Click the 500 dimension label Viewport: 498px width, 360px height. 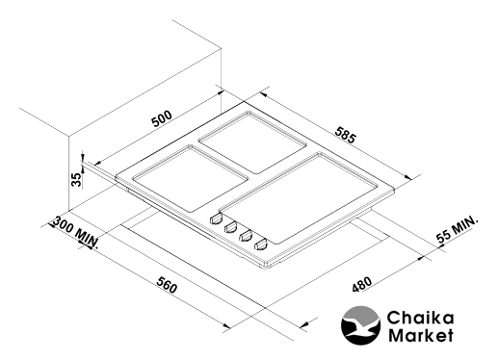click(x=162, y=118)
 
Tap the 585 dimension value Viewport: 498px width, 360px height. click(x=346, y=135)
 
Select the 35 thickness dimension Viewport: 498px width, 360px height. click(x=76, y=180)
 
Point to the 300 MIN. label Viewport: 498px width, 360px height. click(x=75, y=232)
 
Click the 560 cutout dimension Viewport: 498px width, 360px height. click(x=167, y=284)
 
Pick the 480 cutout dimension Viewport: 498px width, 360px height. click(x=362, y=284)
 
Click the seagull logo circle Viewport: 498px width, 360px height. click(x=360, y=325)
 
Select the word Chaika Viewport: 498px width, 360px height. click(x=420, y=318)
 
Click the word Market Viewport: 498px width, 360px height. click(x=421, y=335)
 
